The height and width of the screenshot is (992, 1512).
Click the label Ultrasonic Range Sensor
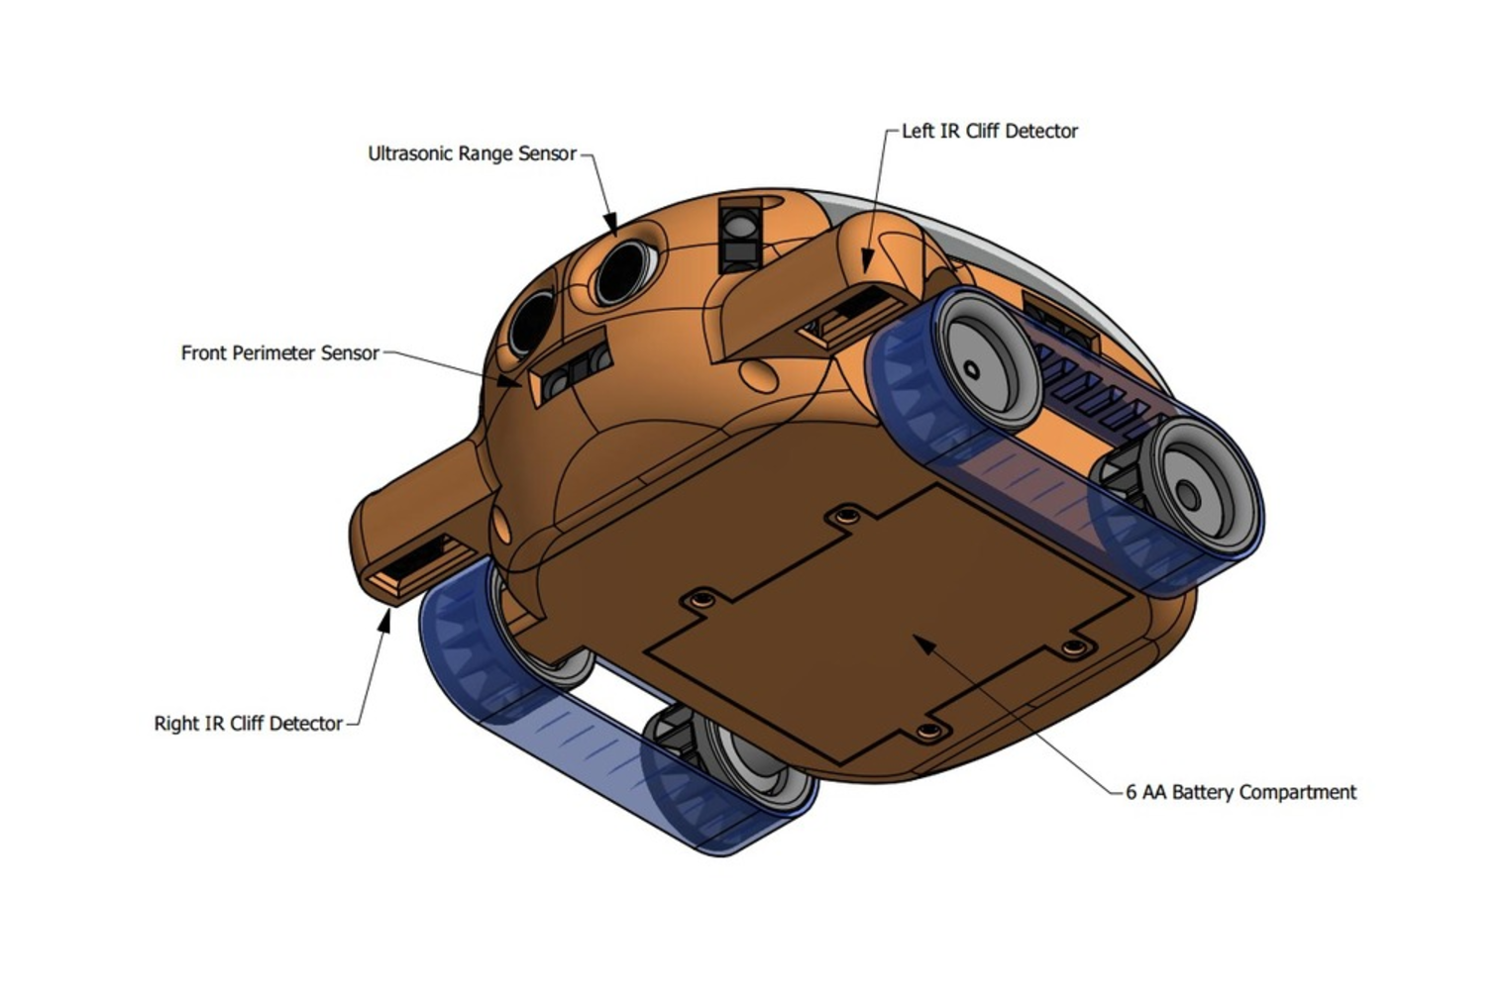[x=472, y=153]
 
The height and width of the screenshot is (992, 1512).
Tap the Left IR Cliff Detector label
[x=989, y=131]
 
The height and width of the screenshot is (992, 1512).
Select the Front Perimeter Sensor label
[x=279, y=353]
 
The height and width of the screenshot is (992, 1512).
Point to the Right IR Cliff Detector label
[x=248, y=724]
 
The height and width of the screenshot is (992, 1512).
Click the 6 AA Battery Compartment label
[x=1241, y=792]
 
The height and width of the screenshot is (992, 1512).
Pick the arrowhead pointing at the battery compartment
[x=923, y=644]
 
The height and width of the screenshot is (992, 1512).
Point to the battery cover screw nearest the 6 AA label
[x=1073, y=648]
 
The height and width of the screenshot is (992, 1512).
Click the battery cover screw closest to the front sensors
[x=846, y=516]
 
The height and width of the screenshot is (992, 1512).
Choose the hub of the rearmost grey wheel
[x=1187, y=496]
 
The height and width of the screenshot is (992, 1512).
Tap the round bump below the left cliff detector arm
[x=759, y=374]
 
